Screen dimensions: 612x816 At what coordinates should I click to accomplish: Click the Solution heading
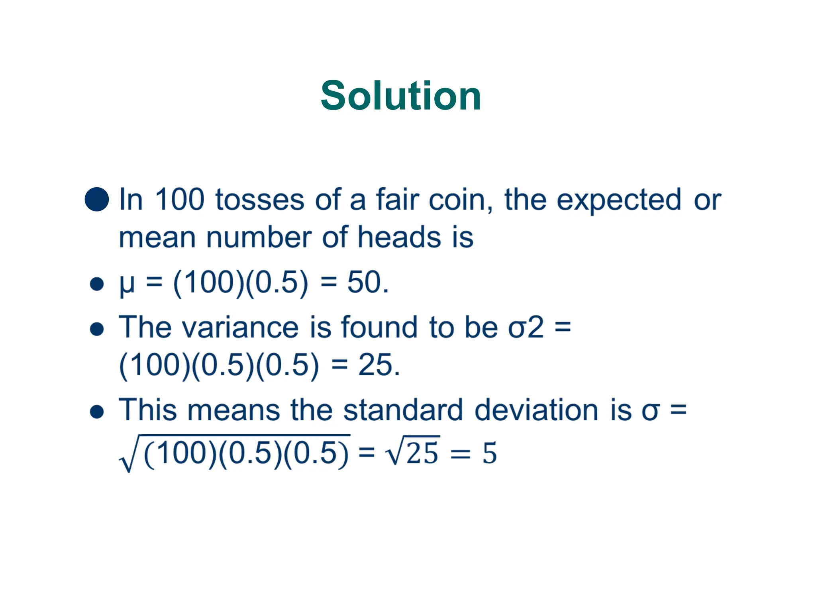[x=401, y=96]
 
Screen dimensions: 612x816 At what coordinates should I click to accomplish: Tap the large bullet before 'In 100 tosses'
[x=97, y=199]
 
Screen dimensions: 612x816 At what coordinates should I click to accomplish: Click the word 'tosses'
[x=260, y=200]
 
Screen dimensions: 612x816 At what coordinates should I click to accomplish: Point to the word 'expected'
[x=619, y=200]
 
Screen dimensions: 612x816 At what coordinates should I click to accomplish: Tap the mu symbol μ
[x=127, y=284]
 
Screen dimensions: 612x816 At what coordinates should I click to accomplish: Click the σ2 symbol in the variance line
[x=526, y=328]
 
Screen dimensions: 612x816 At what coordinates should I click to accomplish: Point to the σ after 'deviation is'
[x=650, y=411]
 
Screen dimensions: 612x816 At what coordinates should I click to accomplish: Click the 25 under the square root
[x=422, y=453]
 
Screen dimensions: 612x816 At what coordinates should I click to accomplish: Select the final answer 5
[x=490, y=453]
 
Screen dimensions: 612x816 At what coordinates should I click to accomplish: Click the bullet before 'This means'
[x=97, y=412]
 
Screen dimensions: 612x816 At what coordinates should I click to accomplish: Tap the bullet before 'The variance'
[x=97, y=330]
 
